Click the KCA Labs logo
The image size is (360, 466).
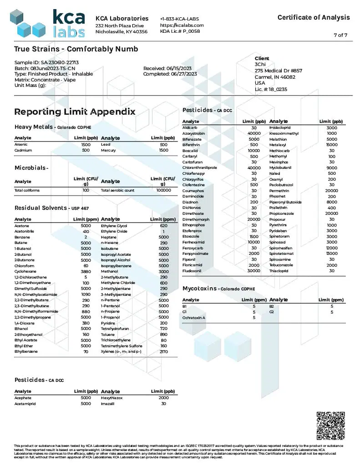coord(47,23)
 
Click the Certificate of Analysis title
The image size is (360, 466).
coord(314,17)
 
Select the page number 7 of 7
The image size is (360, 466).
coord(340,35)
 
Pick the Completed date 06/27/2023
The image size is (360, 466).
coord(170,74)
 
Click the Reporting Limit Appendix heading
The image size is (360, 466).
coord(75,111)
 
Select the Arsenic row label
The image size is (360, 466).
coord(21,144)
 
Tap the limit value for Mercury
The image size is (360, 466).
coord(164,150)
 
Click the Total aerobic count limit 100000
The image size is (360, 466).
coord(163,190)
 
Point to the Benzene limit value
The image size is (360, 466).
coord(85,237)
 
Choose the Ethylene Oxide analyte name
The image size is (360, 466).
coord(114,232)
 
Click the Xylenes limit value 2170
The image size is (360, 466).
coord(164,351)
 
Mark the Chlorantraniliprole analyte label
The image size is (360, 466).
coord(199,167)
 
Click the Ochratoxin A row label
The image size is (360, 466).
coord(194,317)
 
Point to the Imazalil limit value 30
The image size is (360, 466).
coord(164,404)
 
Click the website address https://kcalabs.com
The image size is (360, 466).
coord(182,25)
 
